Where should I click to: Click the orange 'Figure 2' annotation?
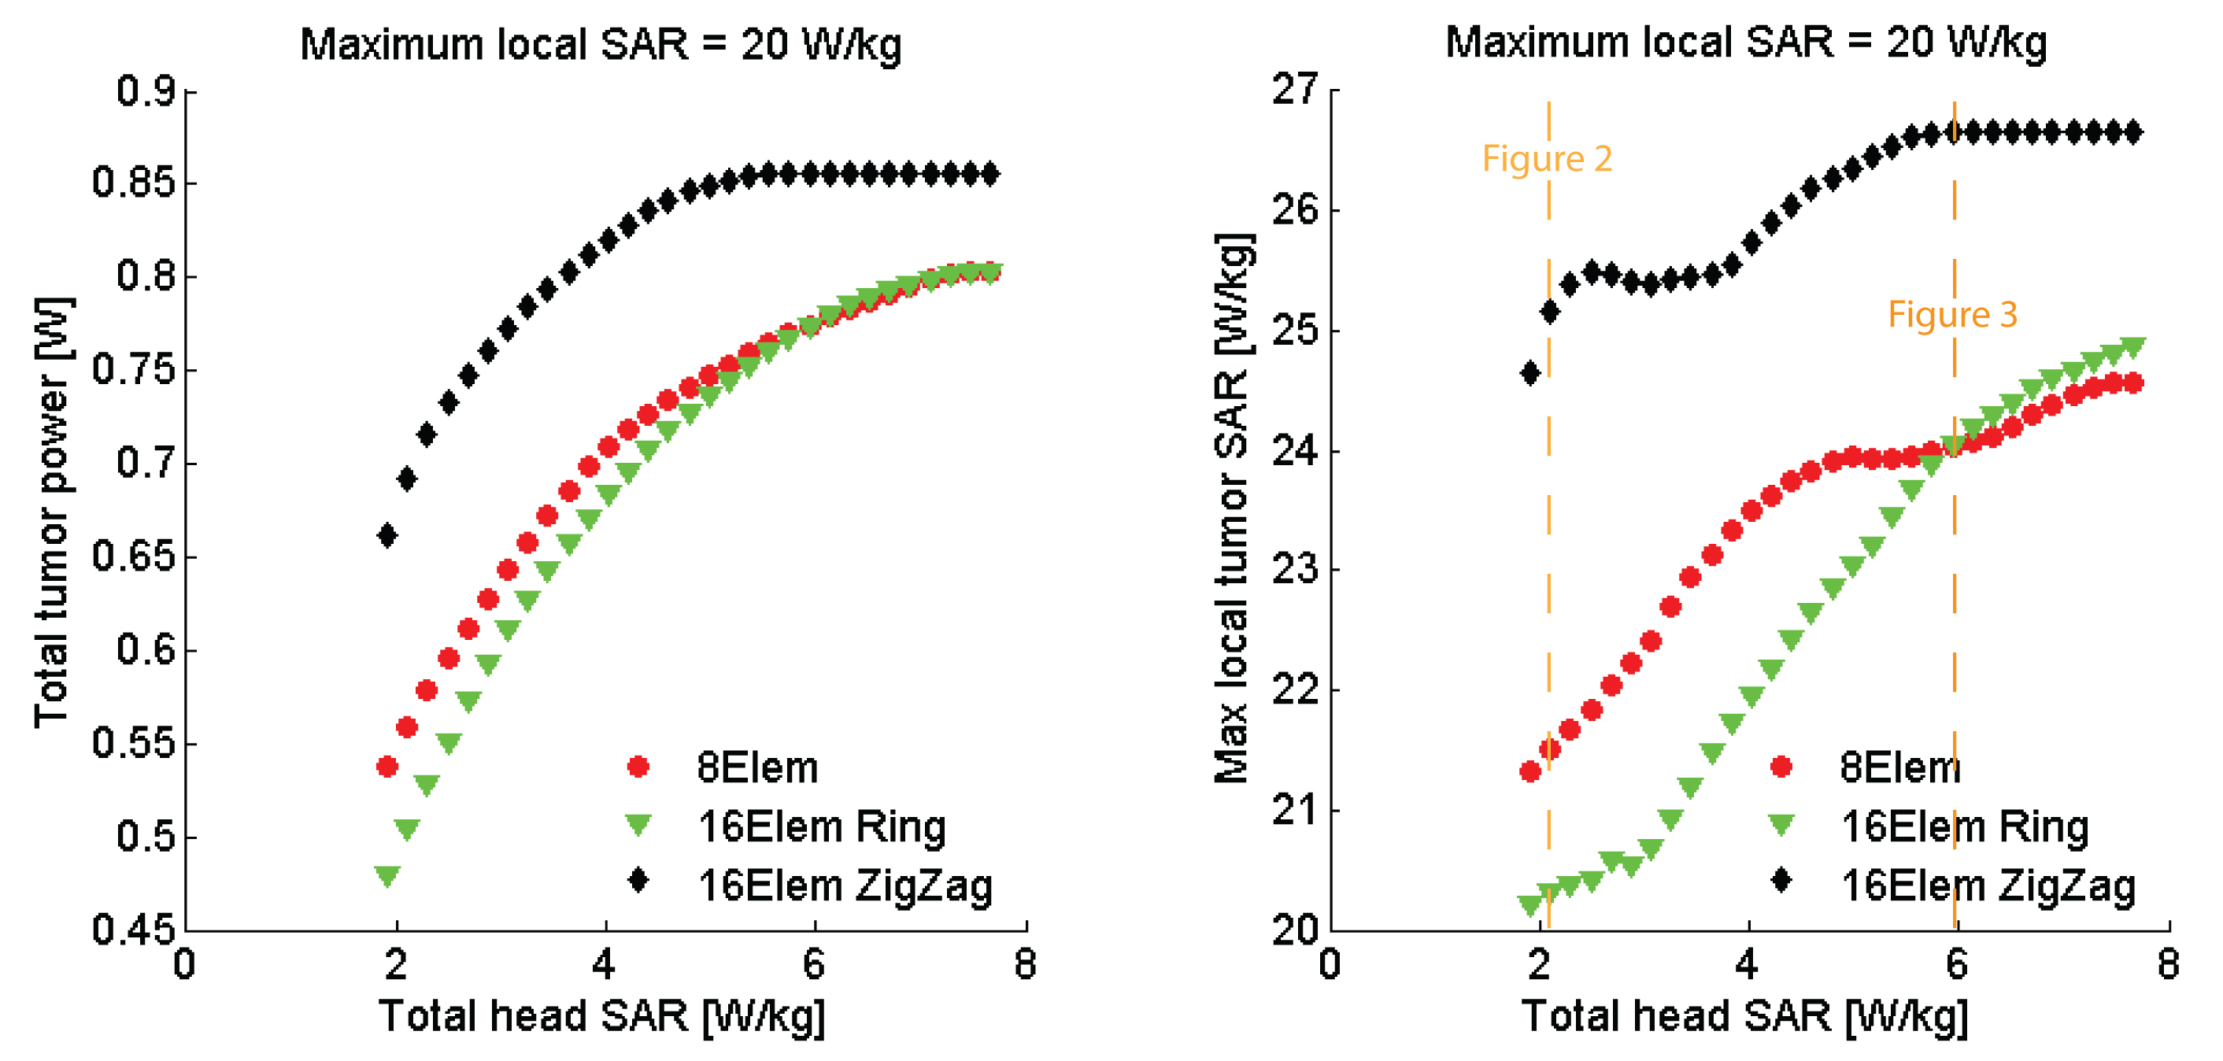1547,160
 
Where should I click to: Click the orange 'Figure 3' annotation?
1952,315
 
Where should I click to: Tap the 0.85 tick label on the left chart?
133,183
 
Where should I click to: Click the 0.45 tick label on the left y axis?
133,929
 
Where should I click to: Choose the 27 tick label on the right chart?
1294,90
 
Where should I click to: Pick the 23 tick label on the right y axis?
1294,570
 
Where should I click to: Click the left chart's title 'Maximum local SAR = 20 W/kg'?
601,45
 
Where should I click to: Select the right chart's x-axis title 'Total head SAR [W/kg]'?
1745,1016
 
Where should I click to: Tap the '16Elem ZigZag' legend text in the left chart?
845,886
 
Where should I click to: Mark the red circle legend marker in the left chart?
638,767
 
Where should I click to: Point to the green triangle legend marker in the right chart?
1781,826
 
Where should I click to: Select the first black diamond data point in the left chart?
387,536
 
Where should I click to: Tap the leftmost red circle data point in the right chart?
1530,772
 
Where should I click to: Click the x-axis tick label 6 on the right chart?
1956,964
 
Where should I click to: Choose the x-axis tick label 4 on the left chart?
604,964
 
